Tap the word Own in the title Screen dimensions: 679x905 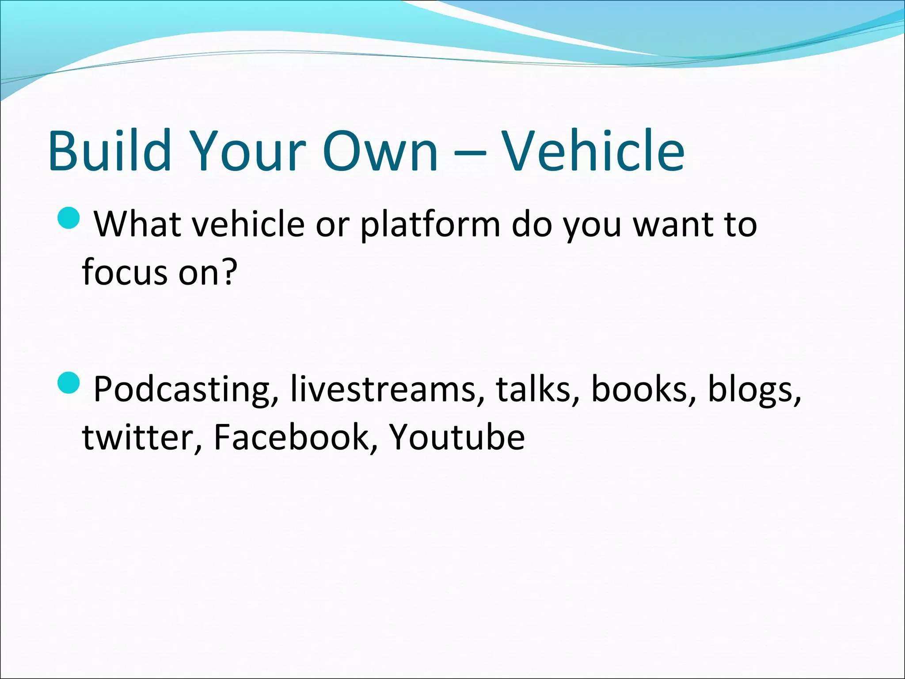point(381,150)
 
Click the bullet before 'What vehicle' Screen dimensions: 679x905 point(69,218)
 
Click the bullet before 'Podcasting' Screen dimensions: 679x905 point(69,383)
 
